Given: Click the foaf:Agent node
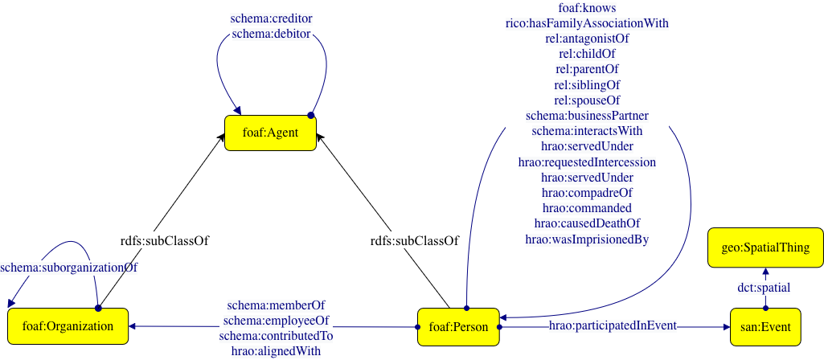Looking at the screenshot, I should pos(270,133).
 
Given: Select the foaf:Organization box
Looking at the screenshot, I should pos(68,326).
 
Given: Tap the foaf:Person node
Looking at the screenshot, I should pos(458,326).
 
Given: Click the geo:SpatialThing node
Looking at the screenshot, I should pos(765,247).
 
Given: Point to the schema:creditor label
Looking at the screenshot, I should pos(271,18).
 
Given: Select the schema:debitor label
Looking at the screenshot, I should pos(271,34).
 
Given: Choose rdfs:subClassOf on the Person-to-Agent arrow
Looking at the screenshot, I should pos(414,239).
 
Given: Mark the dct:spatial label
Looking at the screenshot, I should pos(764,287).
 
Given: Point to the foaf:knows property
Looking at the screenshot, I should pos(587,8).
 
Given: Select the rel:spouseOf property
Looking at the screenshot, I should pos(587,100).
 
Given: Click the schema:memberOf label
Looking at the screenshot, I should pos(276,305).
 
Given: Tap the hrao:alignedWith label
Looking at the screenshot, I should pos(276,350).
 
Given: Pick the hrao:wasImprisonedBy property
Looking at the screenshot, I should pos(587,239).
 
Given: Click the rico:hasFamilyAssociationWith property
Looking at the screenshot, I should pos(587,23).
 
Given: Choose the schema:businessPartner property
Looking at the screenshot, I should pos(587,116).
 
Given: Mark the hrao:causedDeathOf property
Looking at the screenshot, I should pos(587,223).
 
